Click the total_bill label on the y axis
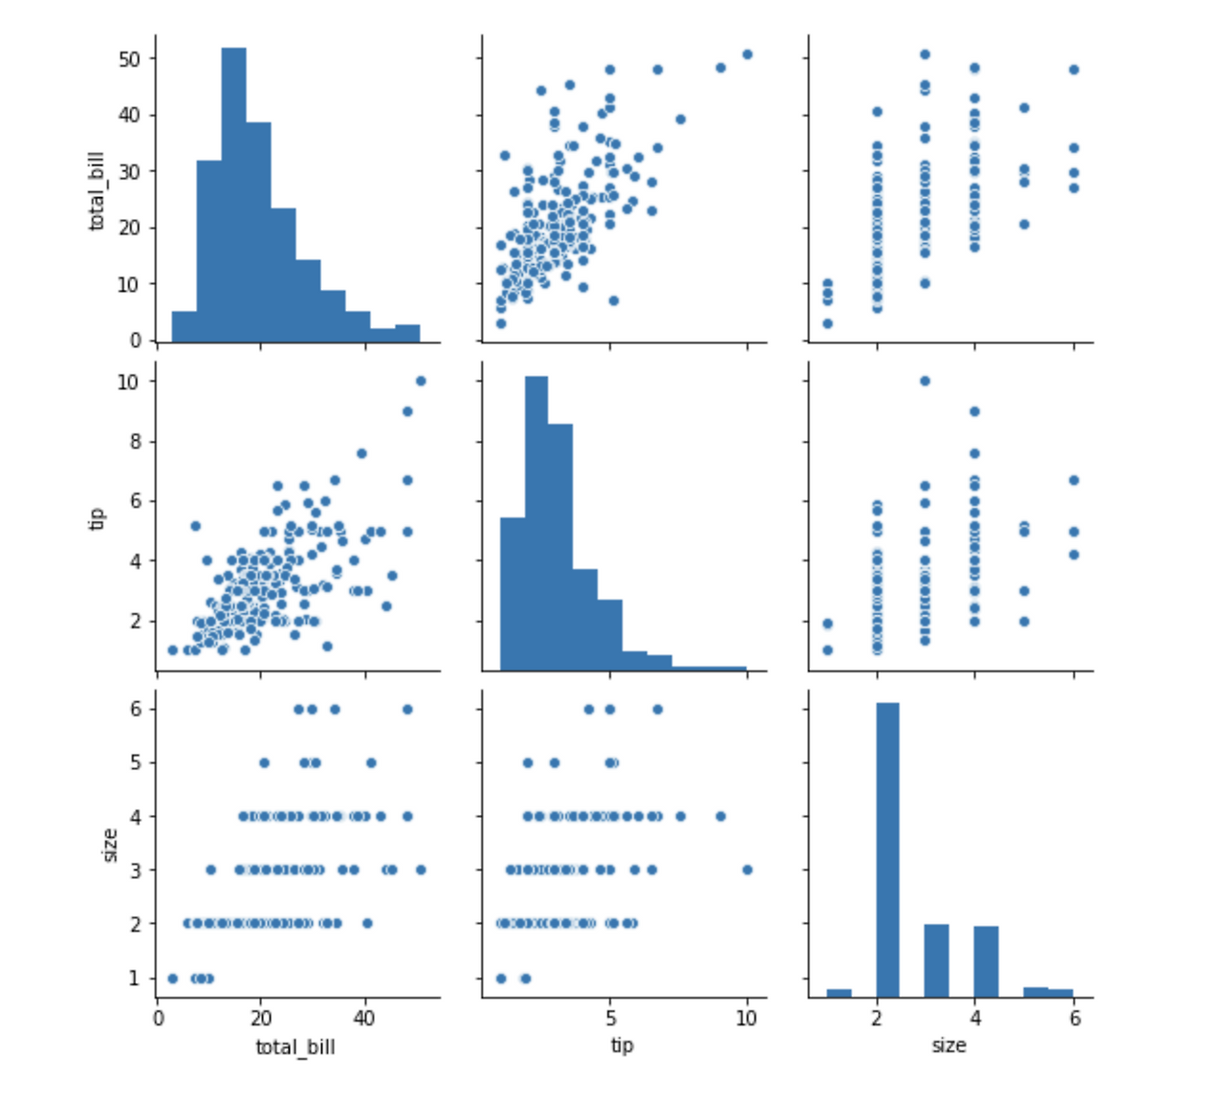click(97, 191)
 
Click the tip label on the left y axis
click(97, 517)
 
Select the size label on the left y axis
click(110, 845)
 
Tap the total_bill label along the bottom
click(295, 1047)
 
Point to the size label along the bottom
click(949, 1045)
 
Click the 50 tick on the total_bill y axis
click(131, 58)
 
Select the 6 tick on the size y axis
click(137, 709)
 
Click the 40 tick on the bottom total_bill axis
click(363, 1019)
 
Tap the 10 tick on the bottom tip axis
click(747, 1019)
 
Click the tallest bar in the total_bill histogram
click(233, 191)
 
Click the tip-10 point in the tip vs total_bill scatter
click(421, 381)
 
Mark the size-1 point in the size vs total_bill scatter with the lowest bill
click(172, 978)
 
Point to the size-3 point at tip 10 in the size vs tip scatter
click(747, 869)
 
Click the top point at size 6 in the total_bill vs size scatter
click(1073, 69)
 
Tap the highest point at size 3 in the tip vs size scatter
click(925, 381)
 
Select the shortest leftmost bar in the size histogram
click(839, 993)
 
